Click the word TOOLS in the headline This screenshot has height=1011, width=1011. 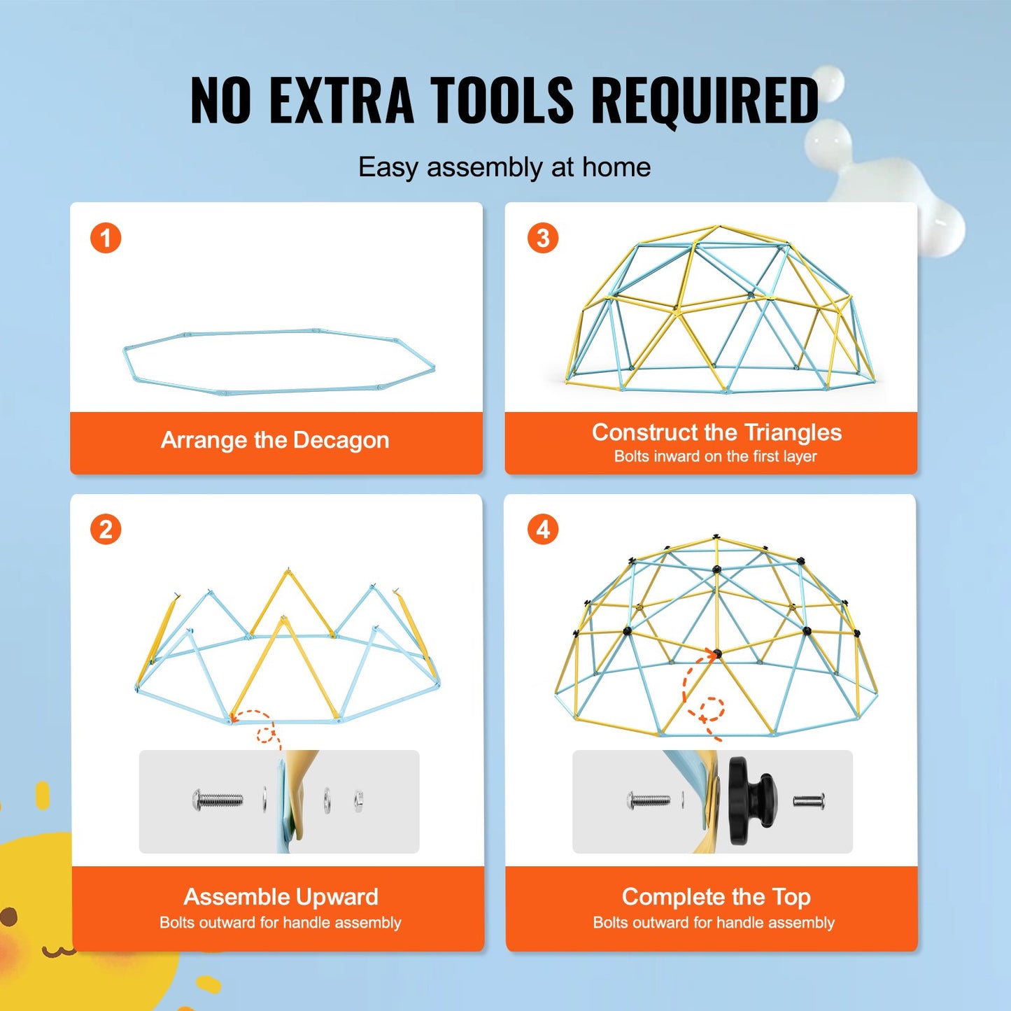coord(502,100)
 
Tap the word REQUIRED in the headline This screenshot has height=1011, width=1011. coord(705,100)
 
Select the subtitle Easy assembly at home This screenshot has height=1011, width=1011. coord(504,167)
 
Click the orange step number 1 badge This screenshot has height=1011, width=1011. coord(106,238)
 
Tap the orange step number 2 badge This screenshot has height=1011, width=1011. coord(106,530)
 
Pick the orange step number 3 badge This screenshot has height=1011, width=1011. coord(543,238)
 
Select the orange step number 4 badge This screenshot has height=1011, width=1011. coord(543,530)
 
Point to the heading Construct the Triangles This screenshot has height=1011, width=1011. coord(716,432)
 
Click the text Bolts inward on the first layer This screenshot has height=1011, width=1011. coord(715,456)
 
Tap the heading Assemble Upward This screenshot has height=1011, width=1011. coord(281,896)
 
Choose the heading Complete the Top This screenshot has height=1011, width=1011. coord(716,896)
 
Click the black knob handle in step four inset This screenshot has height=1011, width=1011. coord(749,800)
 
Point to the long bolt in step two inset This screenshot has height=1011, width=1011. coord(218,799)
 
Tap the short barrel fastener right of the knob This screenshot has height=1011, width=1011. coord(809,800)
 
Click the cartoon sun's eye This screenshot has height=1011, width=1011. coord(8,917)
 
